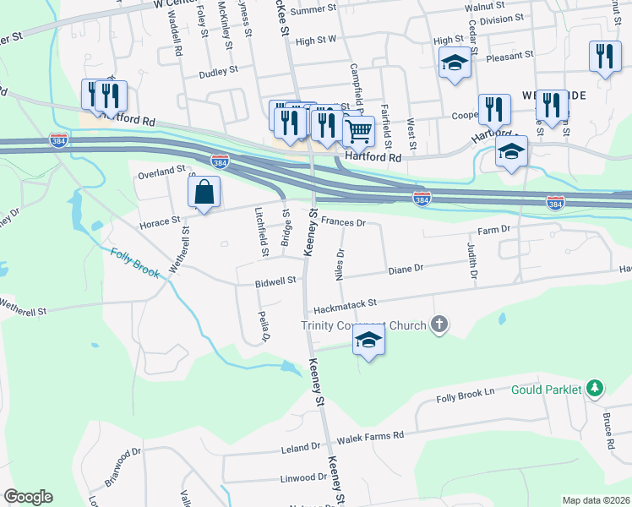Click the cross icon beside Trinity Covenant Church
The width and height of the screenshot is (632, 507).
pos(439,324)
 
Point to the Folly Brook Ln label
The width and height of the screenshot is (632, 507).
pos(465,395)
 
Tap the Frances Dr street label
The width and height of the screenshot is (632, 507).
pos(343,224)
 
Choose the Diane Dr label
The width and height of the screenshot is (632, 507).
pos(406,270)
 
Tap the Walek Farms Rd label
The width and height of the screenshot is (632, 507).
pos(371,437)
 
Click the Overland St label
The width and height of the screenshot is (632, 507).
pos(161,174)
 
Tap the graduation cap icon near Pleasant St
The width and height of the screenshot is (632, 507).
pos(455,63)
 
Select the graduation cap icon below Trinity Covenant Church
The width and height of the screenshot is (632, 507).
pos(368,341)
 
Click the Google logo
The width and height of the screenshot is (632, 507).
pos(28,497)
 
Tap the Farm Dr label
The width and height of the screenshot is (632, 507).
pos(495,229)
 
